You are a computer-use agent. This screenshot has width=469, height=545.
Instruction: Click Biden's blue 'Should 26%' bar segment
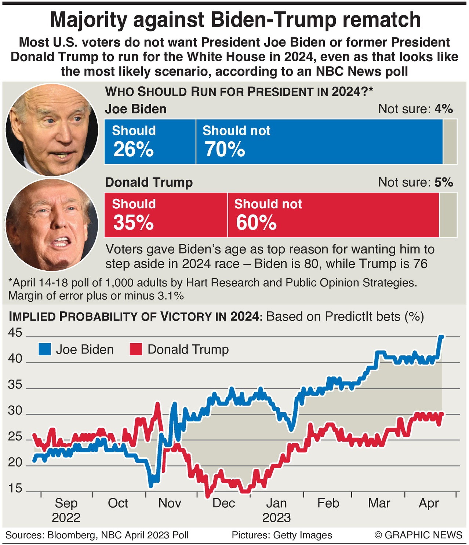click(x=150, y=142)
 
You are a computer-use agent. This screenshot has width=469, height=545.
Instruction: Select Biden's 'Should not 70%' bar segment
click(x=319, y=142)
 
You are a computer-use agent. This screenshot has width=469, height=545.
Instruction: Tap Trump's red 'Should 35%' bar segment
click(x=166, y=215)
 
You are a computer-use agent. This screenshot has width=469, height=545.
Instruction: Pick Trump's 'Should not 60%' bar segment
click(x=333, y=215)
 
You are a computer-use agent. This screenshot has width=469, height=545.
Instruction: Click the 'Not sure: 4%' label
click(x=415, y=109)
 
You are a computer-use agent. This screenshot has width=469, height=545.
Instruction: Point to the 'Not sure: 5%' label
click(x=415, y=182)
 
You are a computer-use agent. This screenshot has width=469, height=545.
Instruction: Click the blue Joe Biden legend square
click(x=45, y=350)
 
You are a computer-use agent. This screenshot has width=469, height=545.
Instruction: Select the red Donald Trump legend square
click(x=136, y=350)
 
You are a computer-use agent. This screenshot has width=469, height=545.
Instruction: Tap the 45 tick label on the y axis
click(x=15, y=333)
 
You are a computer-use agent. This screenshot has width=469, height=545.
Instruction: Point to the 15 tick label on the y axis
click(x=15, y=489)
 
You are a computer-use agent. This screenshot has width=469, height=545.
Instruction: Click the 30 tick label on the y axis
click(x=15, y=411)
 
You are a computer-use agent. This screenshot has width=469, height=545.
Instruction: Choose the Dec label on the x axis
click(x=223, y=503)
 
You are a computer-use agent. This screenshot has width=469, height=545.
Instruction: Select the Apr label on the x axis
click(x=429, y=503)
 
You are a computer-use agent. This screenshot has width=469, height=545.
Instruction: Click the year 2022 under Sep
click(x=66, y=517)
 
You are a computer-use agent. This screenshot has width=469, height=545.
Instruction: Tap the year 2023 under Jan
click(x=276, y=517)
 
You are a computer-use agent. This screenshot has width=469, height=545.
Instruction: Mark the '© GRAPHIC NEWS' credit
click(x=418, y=535)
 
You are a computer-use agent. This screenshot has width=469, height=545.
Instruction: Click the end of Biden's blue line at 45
click(x=442, y=337)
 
